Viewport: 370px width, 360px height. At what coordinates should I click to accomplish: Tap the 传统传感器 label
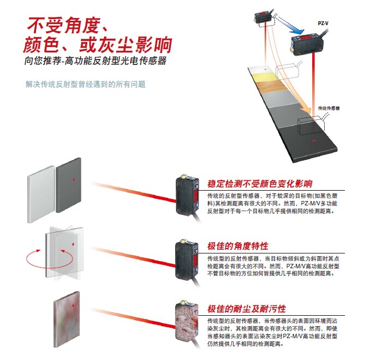click(x=329, y=108)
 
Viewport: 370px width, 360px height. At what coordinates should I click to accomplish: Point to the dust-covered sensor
click(x=187, y=322)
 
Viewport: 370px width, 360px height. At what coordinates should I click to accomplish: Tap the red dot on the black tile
click(x=312, y=141)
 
